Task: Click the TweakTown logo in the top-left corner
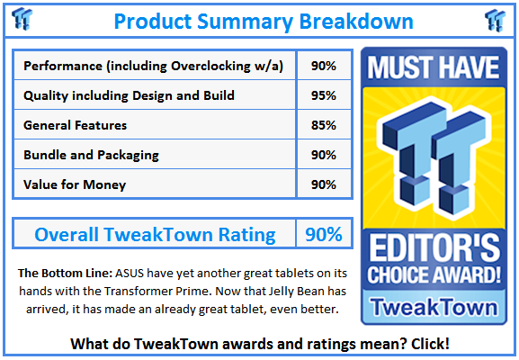click(x=22, y=19)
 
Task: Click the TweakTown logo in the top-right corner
click(x=496, y=21)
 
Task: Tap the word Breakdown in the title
click(x=356, y=22)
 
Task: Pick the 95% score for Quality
click(x=324, y=95)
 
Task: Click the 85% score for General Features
click(x=324, y=125)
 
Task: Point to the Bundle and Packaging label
click(x=91, y=155)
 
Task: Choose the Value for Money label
click(x=75, y=184)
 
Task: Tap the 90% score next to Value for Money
click(x=324, y=184)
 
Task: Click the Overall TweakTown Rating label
click(x=155, y=235)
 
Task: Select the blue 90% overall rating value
click(x=324, y=235)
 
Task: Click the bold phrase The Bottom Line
click(x=65, y=274)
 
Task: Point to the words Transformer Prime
click(x=157, y=291)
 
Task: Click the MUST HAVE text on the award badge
click(x=434, y=67)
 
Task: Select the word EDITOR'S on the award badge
click(x=434, y=247)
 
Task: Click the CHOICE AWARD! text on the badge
click(x=434, y=274)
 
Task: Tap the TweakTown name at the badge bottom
click(x=434, y=307)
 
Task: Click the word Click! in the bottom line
click(x=430, y=344)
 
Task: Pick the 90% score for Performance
click(x=324, y=66)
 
